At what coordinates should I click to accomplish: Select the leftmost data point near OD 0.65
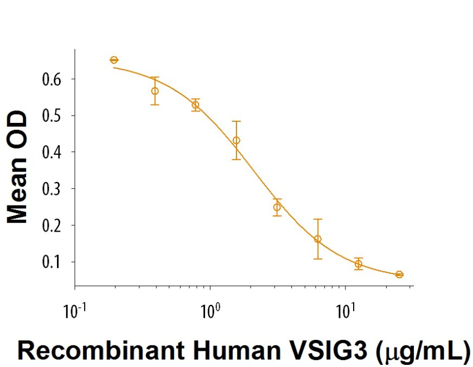pos(114,60)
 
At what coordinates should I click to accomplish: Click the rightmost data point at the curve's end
pos(399,274)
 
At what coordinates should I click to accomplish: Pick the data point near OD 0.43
pos(236,140)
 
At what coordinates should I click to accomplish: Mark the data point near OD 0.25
pos(277,207)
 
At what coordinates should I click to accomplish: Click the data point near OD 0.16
pos(318,239)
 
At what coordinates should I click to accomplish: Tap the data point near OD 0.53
pos(196,104)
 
